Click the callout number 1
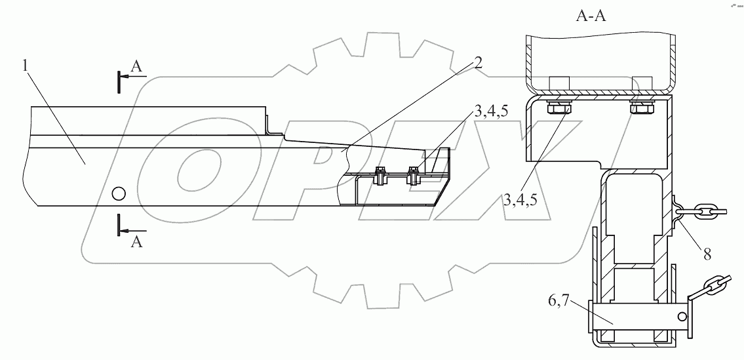coord(25,66)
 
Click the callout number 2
coord(478,63)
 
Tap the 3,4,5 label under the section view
coord(520,200)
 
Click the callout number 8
coord(707,254)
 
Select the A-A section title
coord(591,16)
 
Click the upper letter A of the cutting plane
coord(136,68)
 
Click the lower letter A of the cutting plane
coord(136,242)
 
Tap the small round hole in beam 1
coord(118,193)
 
